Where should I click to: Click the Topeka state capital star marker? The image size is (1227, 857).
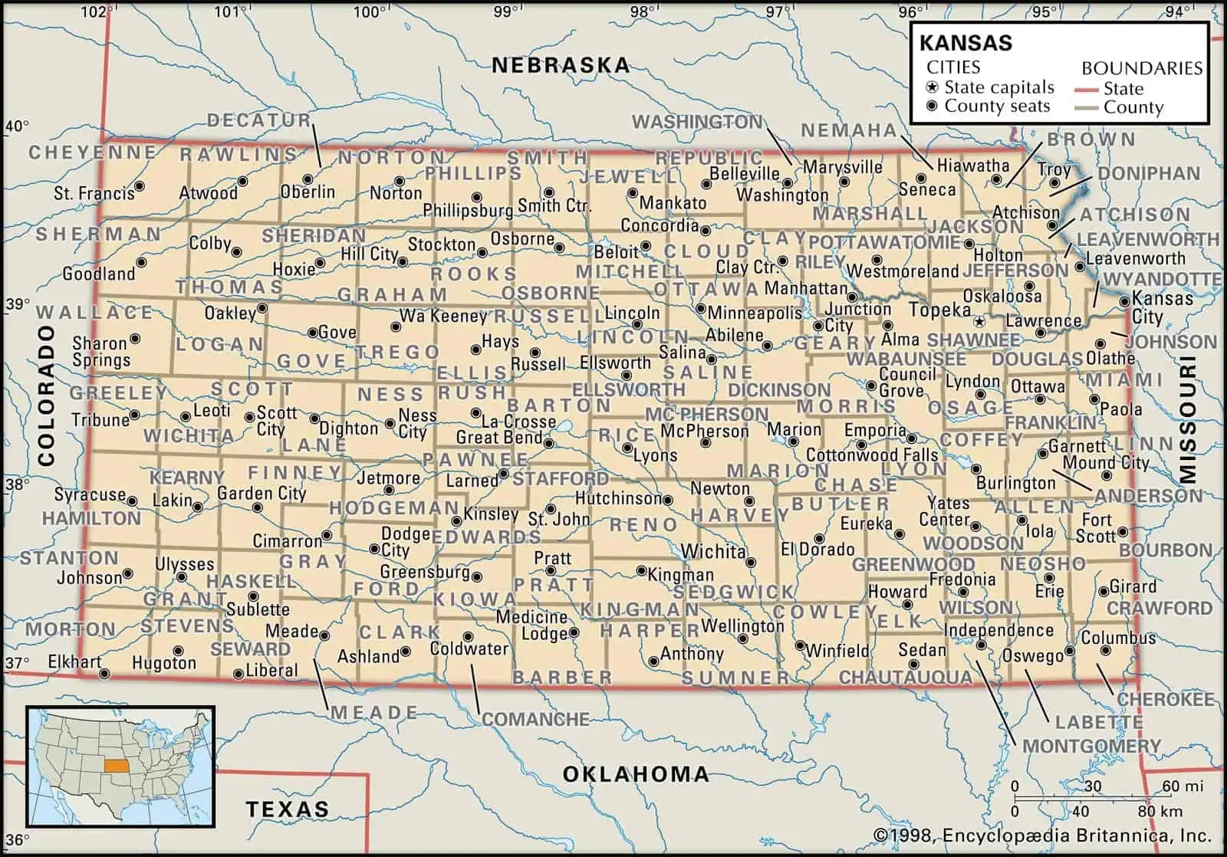tap(979, 320)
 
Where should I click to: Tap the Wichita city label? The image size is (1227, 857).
tap(713, 551)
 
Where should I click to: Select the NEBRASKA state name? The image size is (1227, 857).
tap(561, 65)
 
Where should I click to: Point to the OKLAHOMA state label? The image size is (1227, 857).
tap(636, 773)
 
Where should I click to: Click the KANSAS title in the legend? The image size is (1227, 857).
tap(965, 42)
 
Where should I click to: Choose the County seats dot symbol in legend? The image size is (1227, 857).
tap(932, 107)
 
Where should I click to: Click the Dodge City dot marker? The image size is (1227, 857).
tap(374, 549)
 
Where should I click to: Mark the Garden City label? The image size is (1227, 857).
tap(261, 494)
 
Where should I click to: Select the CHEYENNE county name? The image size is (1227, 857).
tap(93, 153)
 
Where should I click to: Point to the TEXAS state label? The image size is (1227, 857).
tap(287, 809)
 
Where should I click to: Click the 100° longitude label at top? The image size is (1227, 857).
tap(369, 11)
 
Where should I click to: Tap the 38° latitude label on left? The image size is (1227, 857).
tap(17, 484)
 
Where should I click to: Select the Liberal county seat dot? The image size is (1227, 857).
tap(238, 675)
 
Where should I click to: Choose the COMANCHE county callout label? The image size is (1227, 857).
tap(535, 719)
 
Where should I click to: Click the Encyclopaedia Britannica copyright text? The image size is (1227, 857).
tap(1042, 836)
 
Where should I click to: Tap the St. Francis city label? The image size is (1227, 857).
tap(94, 193)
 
